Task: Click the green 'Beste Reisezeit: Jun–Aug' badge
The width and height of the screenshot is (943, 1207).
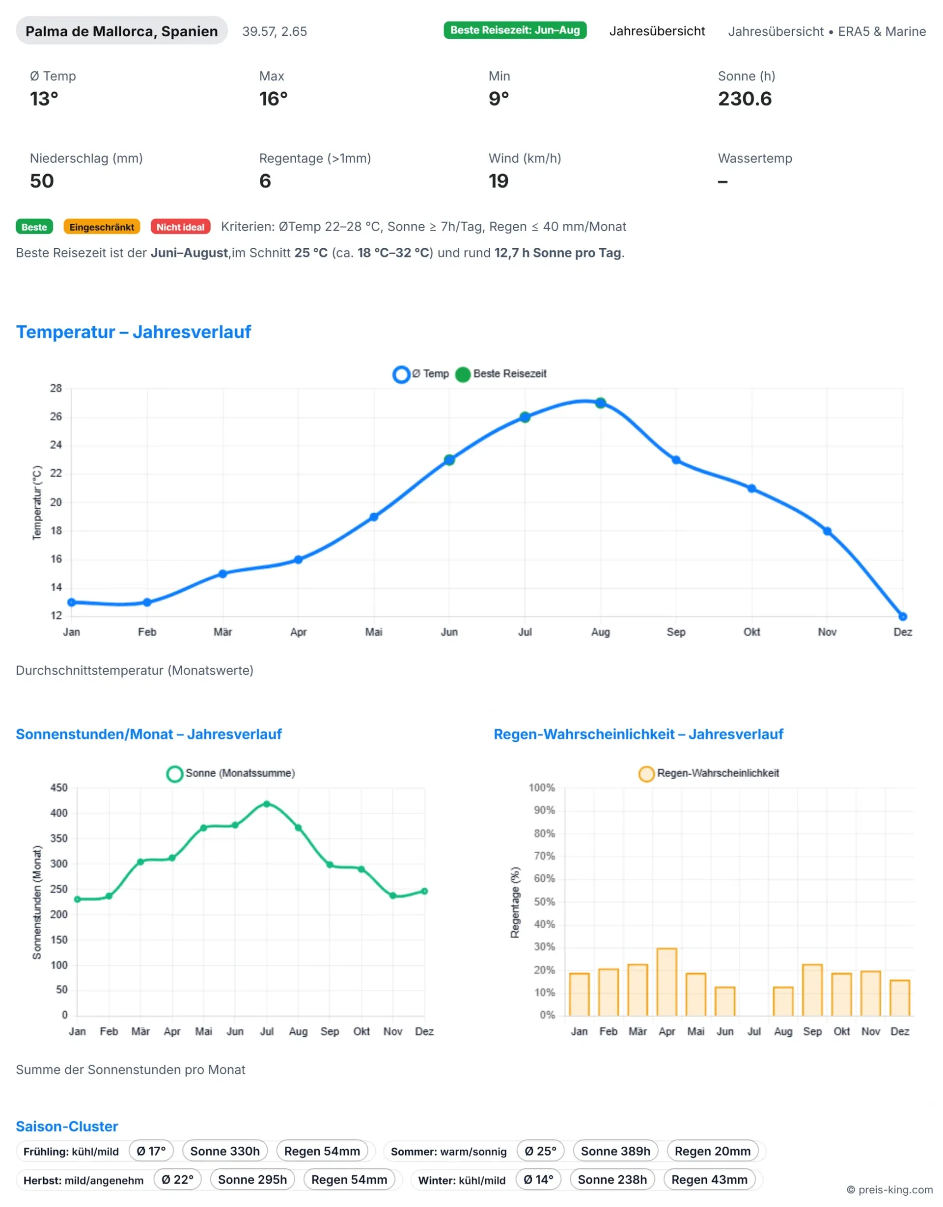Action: click(514, 30)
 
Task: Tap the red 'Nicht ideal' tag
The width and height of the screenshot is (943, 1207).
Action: click(180, 227)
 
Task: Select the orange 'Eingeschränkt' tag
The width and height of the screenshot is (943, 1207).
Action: click(102, 227)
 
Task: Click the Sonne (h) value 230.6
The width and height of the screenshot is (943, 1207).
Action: click(745, 99)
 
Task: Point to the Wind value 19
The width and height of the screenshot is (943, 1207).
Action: click(499, 181)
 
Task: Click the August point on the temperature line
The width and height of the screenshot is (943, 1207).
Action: click(601, 403)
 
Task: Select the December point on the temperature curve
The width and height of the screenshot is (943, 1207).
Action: click(903, 616)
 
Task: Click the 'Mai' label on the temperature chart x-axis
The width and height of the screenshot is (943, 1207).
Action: click(374, 631)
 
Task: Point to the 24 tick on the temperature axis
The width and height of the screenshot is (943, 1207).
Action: click(56, 445)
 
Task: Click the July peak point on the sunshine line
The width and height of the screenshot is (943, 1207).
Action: click(267, 804)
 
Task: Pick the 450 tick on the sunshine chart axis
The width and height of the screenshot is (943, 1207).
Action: click(58, 787)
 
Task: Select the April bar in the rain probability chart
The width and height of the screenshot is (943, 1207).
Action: click(667, 982)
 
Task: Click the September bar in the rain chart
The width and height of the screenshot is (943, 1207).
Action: click(812, 990)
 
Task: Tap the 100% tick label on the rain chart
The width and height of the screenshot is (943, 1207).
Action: click(541, 787)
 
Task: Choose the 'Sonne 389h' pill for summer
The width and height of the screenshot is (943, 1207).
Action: click(615, 1151)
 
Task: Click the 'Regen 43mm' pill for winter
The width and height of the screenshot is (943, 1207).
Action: click(709, 1180)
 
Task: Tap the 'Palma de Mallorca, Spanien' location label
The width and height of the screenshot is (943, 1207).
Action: click(122, 31)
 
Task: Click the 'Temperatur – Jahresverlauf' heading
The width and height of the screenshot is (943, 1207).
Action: click(133, 332)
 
